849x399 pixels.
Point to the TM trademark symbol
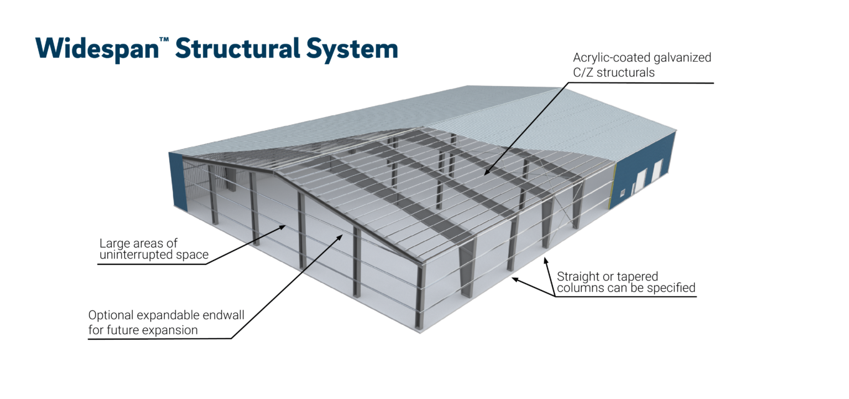164,40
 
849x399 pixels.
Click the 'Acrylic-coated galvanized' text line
642,58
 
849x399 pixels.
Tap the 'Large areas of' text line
139,243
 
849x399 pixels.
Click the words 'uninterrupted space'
154,255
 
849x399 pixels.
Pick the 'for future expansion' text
143,330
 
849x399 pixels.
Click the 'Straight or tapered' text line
607,276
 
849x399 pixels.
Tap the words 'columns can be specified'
626,288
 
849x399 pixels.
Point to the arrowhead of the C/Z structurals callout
485,170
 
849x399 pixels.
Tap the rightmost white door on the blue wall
657,172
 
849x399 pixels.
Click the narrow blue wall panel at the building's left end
175,181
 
